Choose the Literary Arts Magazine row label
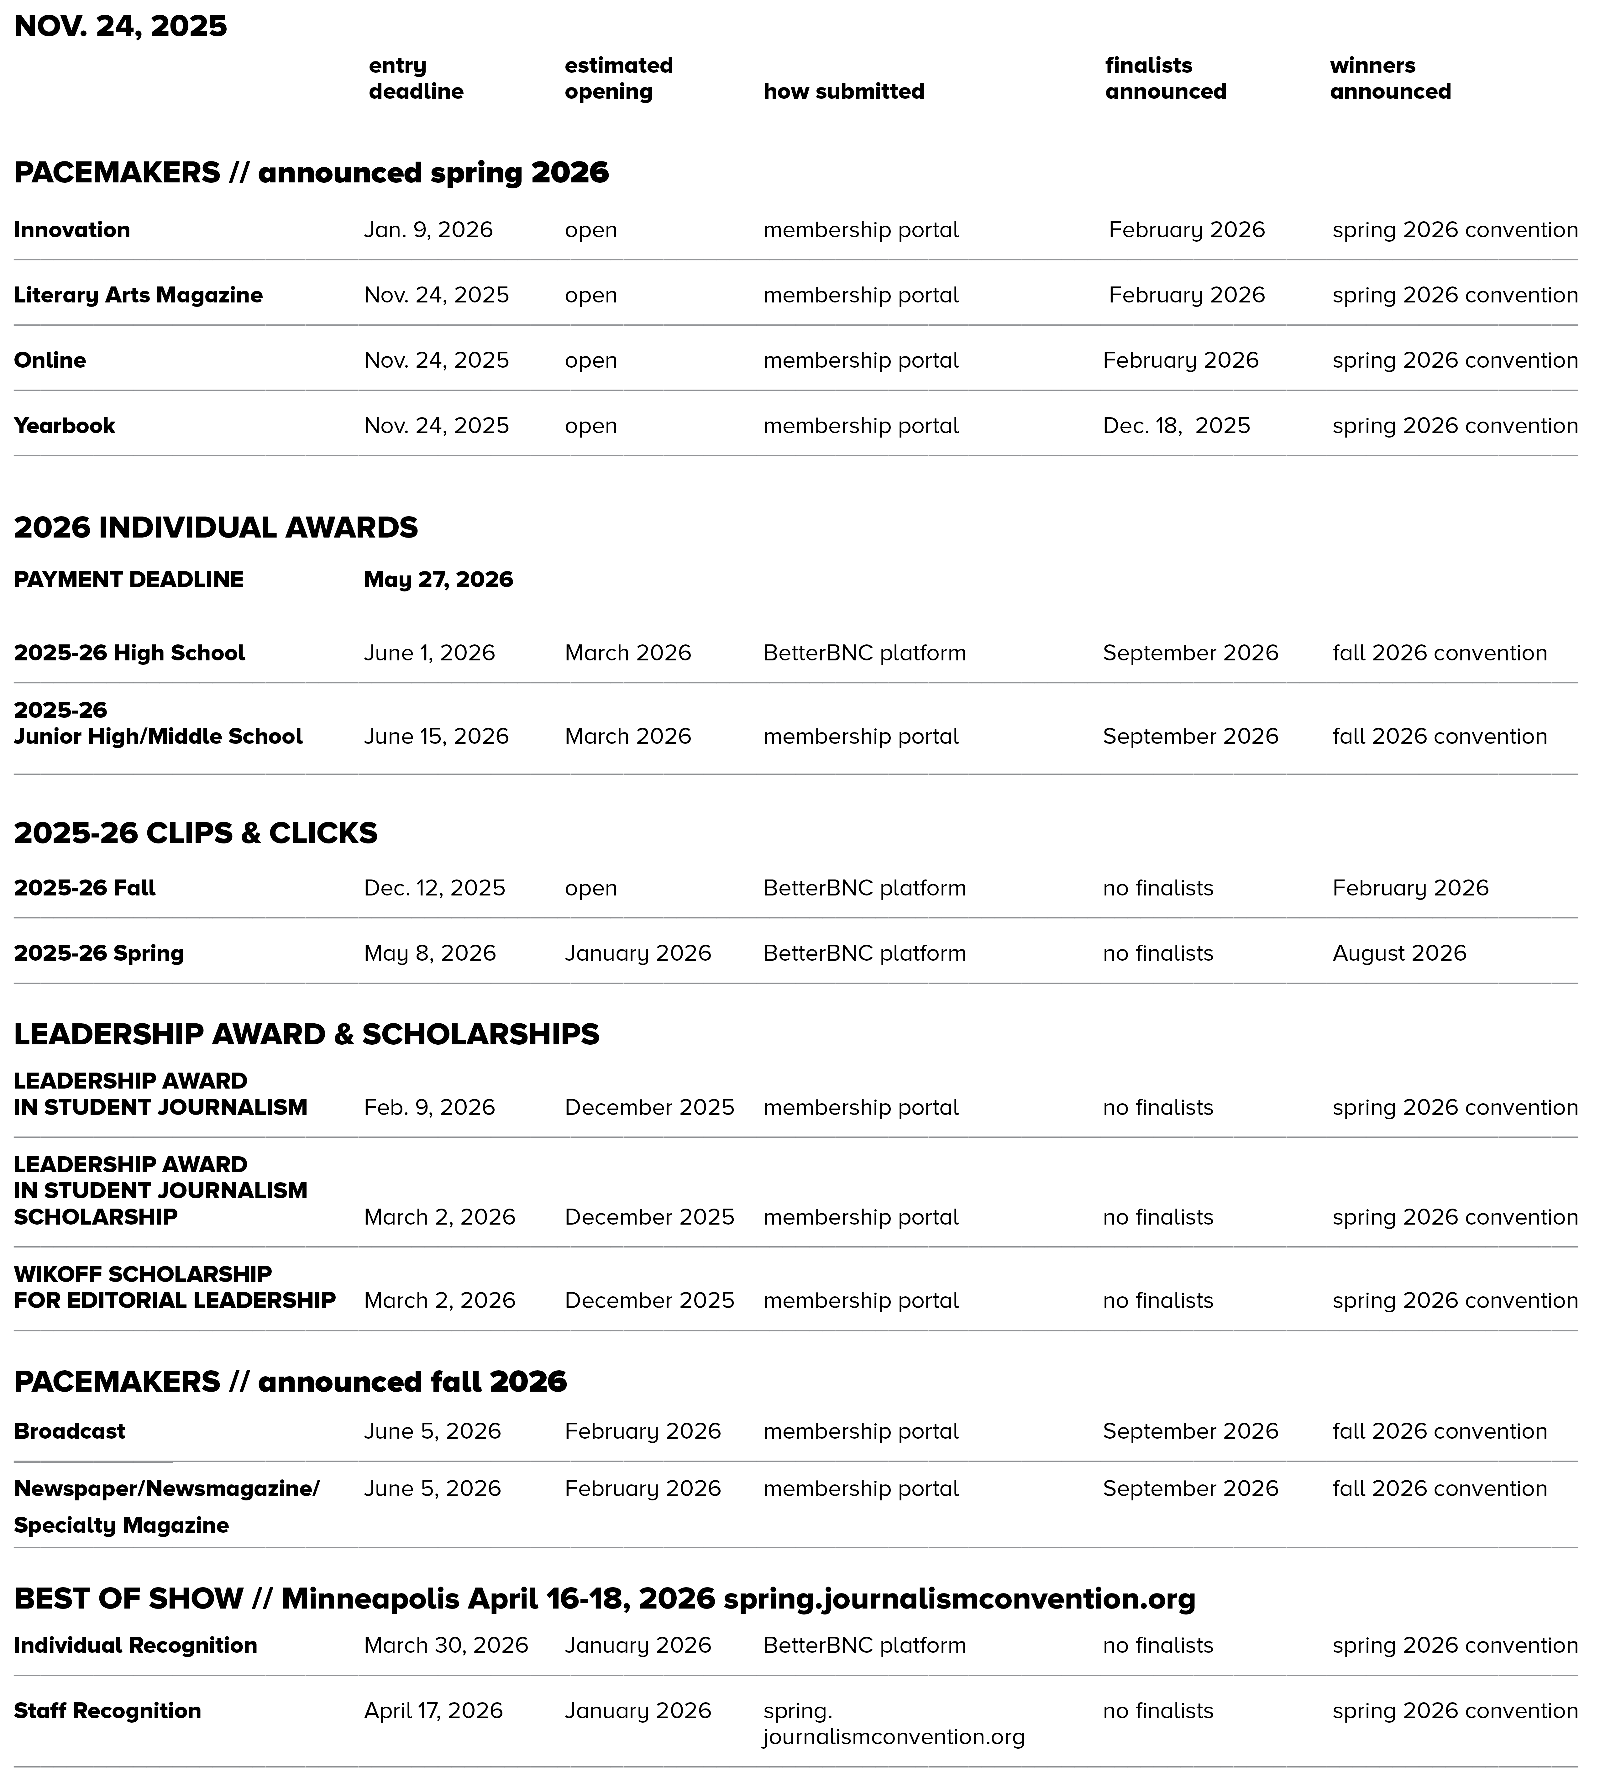(x=138, y=296)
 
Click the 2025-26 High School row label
(x=129, y=653)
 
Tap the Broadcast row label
(x=70, y=1431)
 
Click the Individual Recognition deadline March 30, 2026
(x=446, y=1646)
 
